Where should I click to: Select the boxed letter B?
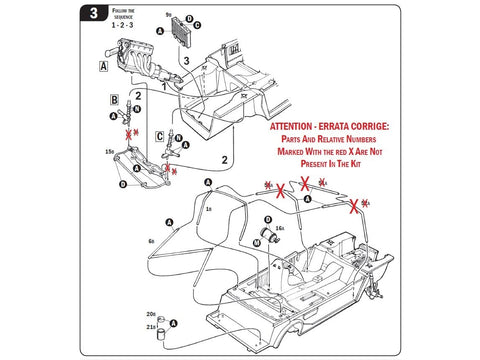coord(116,101)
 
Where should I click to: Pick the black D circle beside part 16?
coord(269,221)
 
